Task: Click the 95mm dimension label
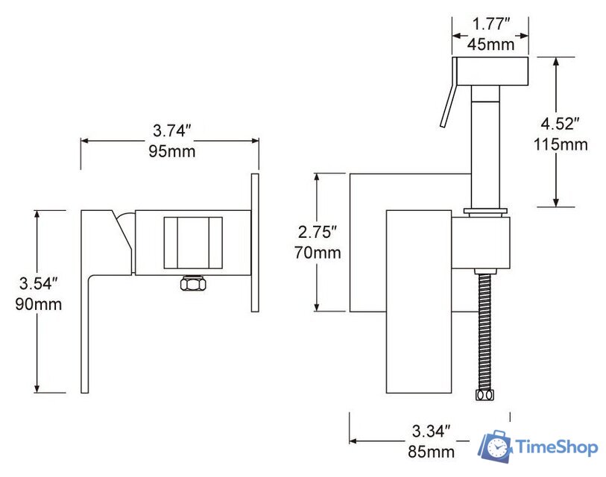172,152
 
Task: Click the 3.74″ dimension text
172,131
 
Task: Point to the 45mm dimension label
490,44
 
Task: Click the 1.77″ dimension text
490,24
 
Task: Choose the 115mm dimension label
561,144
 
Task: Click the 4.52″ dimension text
561,123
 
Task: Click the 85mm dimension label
431,451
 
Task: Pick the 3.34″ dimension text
431,431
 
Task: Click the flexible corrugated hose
487,328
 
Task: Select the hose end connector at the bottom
487,394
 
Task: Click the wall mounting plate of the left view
256,242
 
